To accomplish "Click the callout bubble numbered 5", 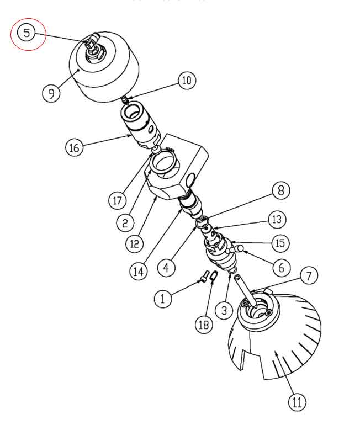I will point(26,33).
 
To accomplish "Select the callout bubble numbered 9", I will point(51,93).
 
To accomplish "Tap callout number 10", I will point(186,81).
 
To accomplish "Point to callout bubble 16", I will point(75,148).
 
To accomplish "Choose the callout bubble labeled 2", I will point(125,222).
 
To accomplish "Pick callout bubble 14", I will point(139,271).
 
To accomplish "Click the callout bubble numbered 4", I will point(166,267).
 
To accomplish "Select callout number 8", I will point(280,191).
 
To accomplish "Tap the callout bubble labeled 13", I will point(277,219).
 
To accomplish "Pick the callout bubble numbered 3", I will point(224,311).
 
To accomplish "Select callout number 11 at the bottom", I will point(297,402).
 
